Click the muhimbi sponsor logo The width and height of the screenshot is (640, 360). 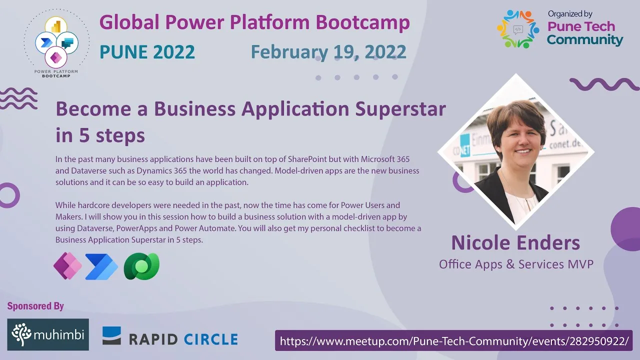pos(48,334)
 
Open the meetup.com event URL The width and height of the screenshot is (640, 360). pos(454,341)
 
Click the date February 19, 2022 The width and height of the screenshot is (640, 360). pos(328,52)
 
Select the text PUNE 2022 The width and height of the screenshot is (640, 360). pos(147,52)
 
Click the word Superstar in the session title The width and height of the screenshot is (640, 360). pos(400,109)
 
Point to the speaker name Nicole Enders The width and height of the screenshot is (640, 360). pos(515,243)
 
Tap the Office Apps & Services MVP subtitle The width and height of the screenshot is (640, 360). pos(516,264)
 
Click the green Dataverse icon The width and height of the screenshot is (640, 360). pos(141,266)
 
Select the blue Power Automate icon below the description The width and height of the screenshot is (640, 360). pos(101,266)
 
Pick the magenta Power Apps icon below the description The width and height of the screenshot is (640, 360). pos(67,265)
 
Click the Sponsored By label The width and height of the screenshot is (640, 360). pos(35,306)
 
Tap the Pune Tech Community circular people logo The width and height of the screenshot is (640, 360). pos(517,29)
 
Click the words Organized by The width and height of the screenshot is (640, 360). pos(569,14)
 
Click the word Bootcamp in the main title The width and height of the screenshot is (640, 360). pos(363,22)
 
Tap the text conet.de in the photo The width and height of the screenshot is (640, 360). pos(565,144)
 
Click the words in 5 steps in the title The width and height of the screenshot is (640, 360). pos(100,135)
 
